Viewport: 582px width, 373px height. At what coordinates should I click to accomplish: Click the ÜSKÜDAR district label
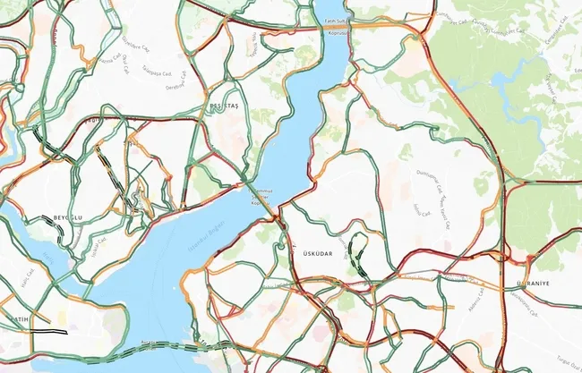coord(311,254)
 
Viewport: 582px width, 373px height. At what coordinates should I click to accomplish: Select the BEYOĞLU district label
coord(67,217)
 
